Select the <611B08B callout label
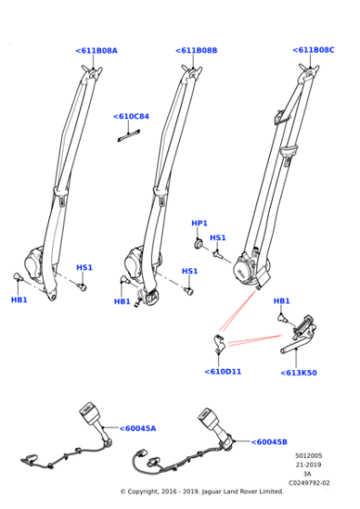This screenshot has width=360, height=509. pos(195,51)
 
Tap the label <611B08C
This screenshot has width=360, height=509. pos(313,51)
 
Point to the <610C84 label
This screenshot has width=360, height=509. pos(131,116)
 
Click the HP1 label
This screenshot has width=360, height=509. pos(199,223)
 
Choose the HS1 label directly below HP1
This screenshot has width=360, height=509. pos(218,238)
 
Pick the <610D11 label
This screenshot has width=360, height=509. pos(222,371)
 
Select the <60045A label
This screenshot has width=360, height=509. pos(137,428)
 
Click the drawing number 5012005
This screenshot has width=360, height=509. pos(308,454)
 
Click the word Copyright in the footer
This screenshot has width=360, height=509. pos(149,492)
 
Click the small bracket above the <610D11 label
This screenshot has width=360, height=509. pos(217,343)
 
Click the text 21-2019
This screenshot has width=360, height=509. pos(308,464)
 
